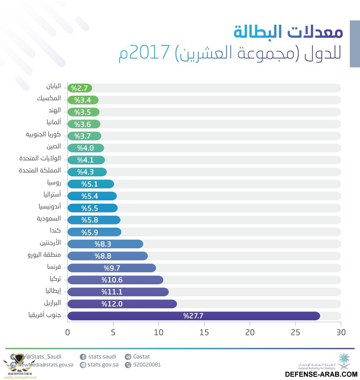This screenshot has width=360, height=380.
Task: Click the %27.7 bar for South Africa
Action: pyautogui.click(x=194, y=316)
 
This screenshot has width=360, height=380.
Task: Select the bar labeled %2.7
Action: pyautogui.click(x=80, y=88)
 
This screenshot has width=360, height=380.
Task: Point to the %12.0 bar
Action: pyautogui.click(x=122, y=304)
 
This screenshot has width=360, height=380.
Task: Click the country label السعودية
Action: pyautogui.click(x=49, y=219)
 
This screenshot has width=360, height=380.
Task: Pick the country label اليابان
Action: pyautogui.click(x=53, y=86)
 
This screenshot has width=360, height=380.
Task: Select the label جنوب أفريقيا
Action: pyautogui.click(x=44, y=315)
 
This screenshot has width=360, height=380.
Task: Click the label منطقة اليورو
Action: pyautogui.click(x=44, y=255)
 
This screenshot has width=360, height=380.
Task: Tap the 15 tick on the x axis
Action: pyautogui.click(x=204, y=332)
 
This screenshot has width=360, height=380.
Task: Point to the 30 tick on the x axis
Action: pyautogui.click(x=341, y=332)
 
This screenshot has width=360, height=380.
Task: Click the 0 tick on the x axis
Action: pyautogui.click(x=67, y=332)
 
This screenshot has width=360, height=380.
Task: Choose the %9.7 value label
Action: pyautogui.click(x=112, y=268)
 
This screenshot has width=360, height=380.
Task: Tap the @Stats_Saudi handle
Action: pyautogui.click(x=44, y=357)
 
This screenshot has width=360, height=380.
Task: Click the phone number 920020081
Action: pyautogui.click(x=147, y=365)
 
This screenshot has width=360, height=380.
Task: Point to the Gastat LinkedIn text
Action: pyautogui.click(x=141, y=357)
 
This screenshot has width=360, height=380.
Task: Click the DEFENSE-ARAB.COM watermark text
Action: pyautogui.click(x=321, y=374)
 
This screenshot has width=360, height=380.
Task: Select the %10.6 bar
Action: pyautogui.click(x=115, y=280)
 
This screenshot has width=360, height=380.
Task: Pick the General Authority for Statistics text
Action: pyautogui.click(x=316, y=368)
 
